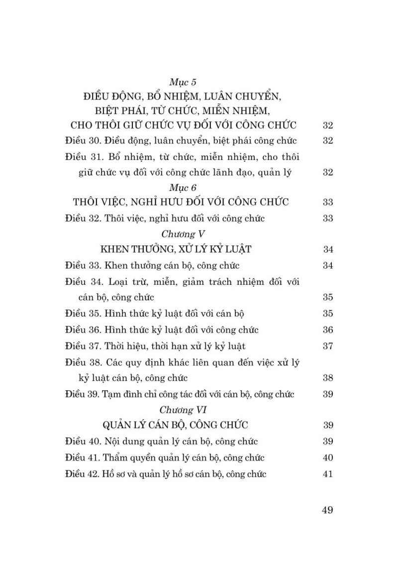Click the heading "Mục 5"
coord(184,82)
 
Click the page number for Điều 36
coord(327,330)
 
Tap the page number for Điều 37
coord(327,345)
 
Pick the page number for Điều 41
coord(327,457)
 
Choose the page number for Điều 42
coord(327,474)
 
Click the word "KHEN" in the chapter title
coord(115,249)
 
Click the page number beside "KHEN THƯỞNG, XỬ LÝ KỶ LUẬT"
coord(327,249)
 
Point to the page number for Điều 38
coord(327,378)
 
